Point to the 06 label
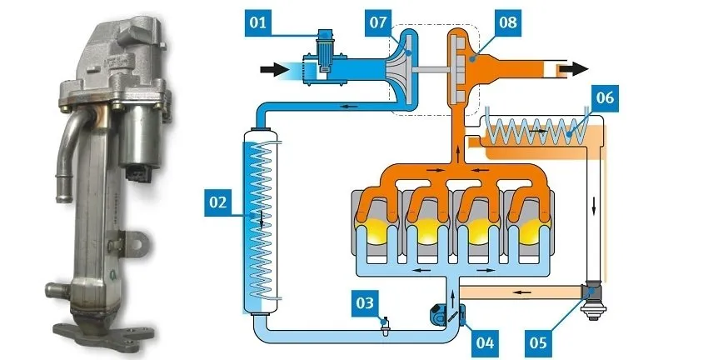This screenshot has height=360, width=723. [606, 97]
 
